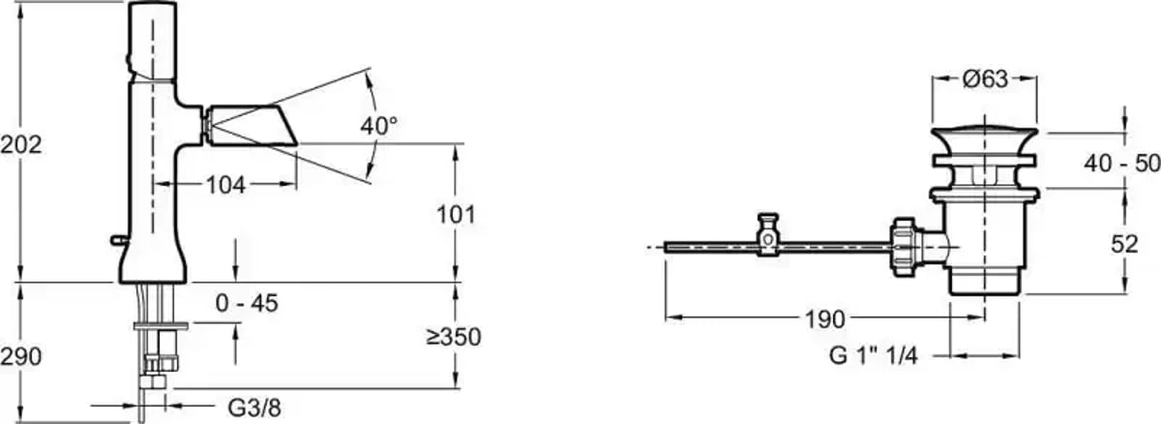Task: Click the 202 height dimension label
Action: tap(20, 145)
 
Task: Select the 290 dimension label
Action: tap(20, 356)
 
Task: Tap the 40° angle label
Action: tap(379, 126)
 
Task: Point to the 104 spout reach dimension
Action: tap(225, 185)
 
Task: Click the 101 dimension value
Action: tap(456, 215)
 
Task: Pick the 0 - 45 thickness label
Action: tap(247, 303)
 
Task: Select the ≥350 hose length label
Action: tap(454, 337)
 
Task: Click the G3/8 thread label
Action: tap(254, 408)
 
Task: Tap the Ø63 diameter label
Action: tap(985, 79)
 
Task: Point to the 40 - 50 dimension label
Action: tap(1122, 164)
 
